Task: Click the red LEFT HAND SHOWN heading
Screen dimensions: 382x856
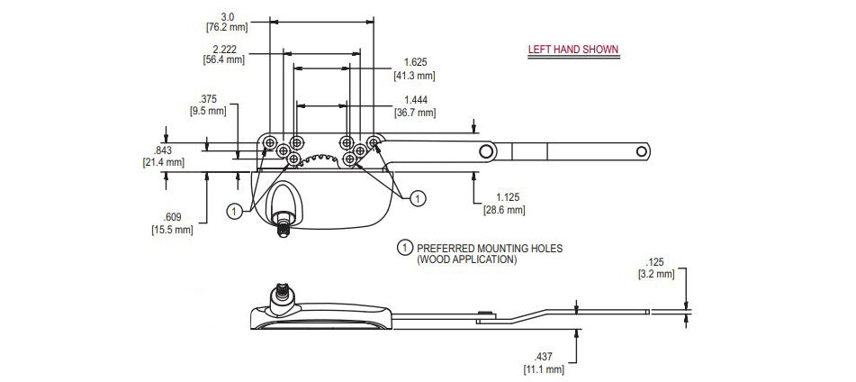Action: click(572, 50)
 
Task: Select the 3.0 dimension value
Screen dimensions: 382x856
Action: click(227, 15)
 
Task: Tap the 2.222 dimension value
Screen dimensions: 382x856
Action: click(223, 48)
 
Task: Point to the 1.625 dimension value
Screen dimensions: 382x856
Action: click(415, 62)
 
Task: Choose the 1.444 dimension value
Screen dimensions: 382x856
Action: click(415, 99)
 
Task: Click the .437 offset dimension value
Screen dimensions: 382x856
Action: click(543, 357)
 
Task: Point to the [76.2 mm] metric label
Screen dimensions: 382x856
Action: click(227, 27)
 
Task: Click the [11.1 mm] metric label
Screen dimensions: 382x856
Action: click(543, 368)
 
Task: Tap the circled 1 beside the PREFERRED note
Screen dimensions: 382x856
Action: click(405, 247)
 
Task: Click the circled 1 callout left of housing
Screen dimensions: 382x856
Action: click(233, 211)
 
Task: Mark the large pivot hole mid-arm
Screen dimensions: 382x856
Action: click(486, 150)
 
